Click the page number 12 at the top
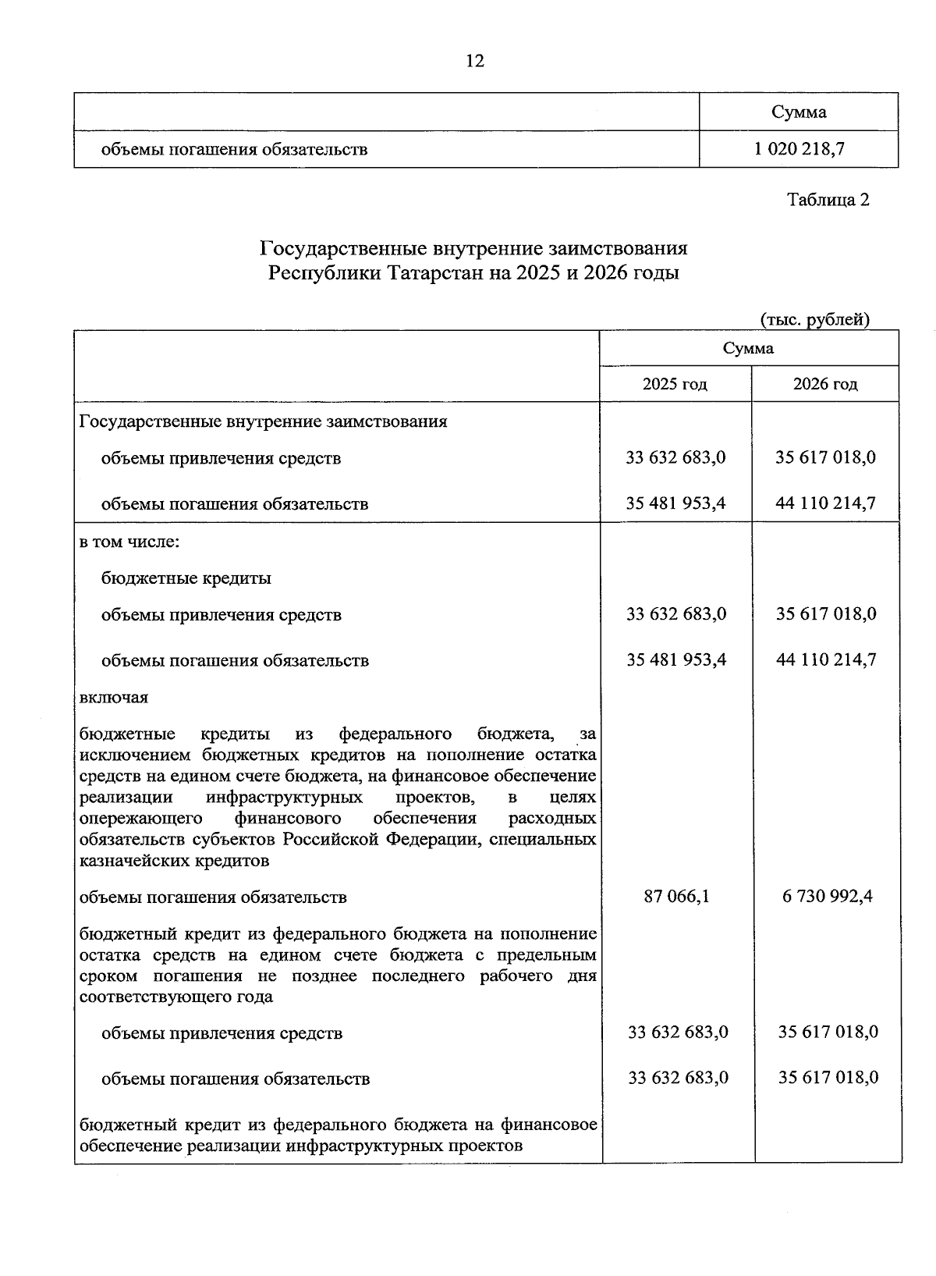(474, 61)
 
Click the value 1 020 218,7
(799, 148)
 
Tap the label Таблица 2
(828, 200)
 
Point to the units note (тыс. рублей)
(814, 319)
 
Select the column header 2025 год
(675, 384)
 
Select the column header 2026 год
(824, 384)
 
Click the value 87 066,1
(676, 896)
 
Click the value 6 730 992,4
(827, 896)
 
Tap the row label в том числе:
(129, 542)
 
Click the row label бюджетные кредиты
(186, 578)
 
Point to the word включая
(114, 697)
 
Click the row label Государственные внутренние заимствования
(264, 421)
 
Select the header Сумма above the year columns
(748, 348)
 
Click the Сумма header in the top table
(799, 112)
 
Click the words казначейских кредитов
(174, 861)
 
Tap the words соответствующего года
(175, 997)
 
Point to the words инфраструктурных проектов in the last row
(404, 1146)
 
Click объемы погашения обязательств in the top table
(234, 149)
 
